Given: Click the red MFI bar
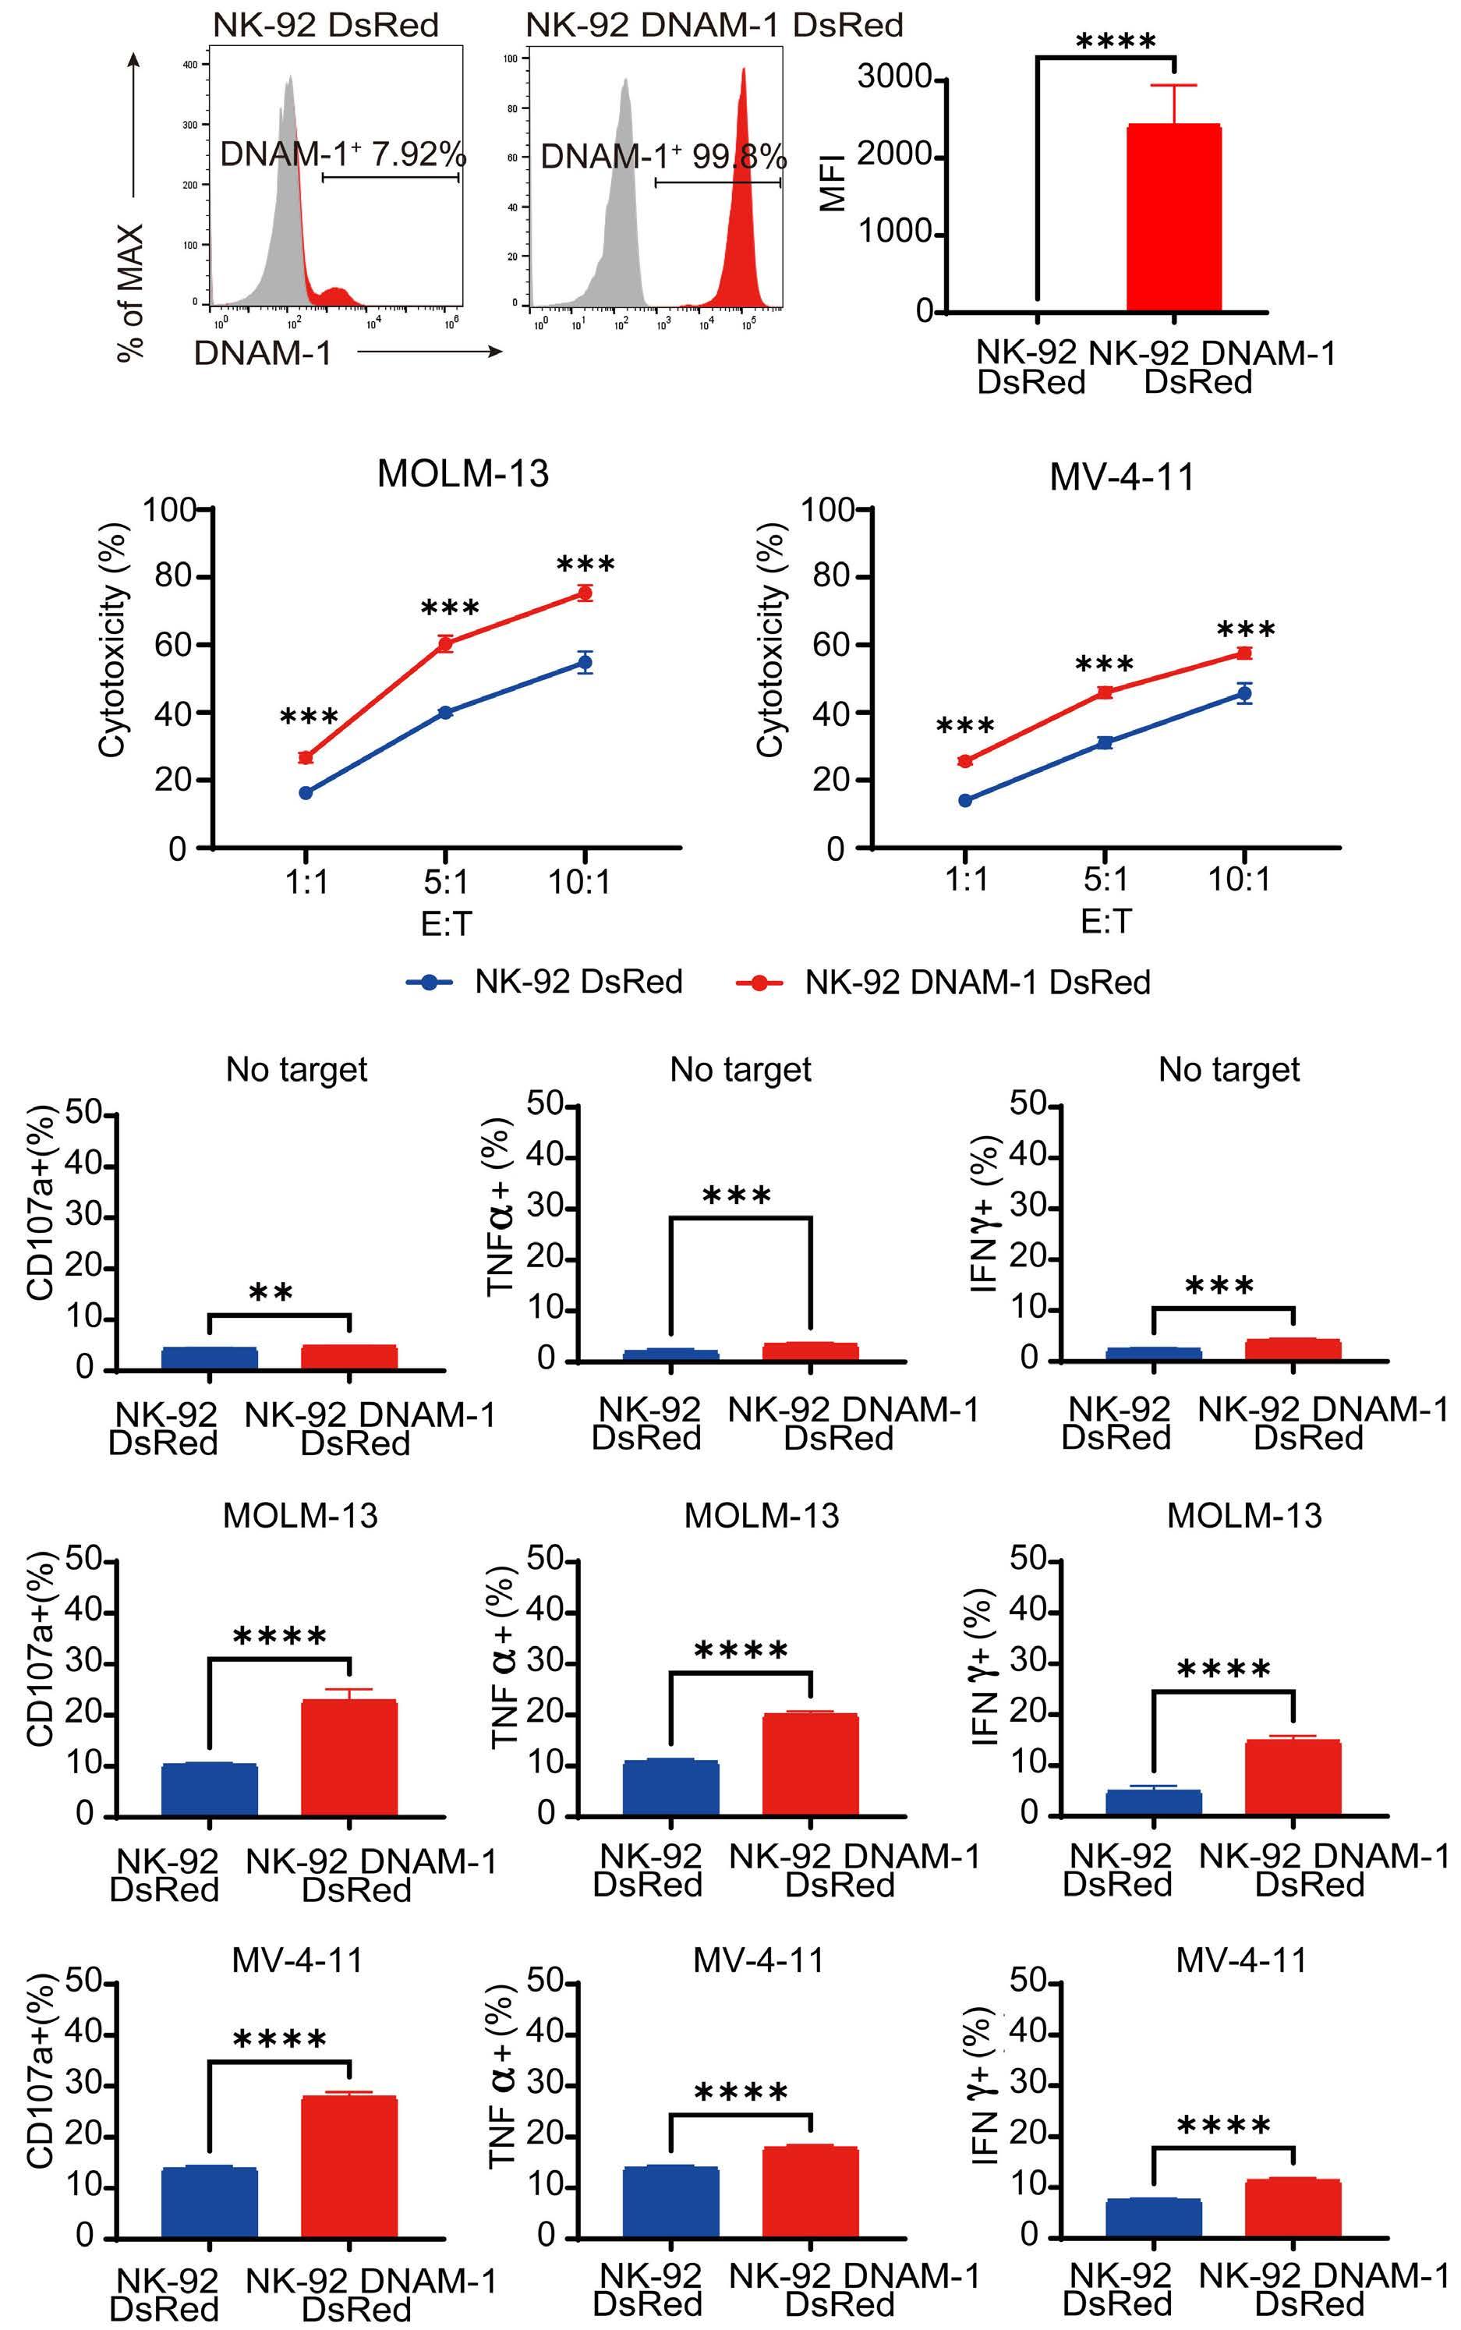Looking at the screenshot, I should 1174,218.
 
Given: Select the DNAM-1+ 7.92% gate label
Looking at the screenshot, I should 343,154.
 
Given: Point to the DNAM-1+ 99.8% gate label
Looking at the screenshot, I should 663,157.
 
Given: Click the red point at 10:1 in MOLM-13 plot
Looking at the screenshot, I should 584,593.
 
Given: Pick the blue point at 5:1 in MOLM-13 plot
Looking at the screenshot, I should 445,712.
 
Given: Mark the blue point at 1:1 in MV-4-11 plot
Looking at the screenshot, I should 964,800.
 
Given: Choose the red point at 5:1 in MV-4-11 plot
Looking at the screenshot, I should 1105,692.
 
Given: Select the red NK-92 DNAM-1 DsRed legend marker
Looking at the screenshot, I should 759,982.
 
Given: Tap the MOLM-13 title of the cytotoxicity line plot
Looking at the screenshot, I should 463,473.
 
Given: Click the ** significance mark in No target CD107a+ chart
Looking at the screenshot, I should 271,1293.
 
